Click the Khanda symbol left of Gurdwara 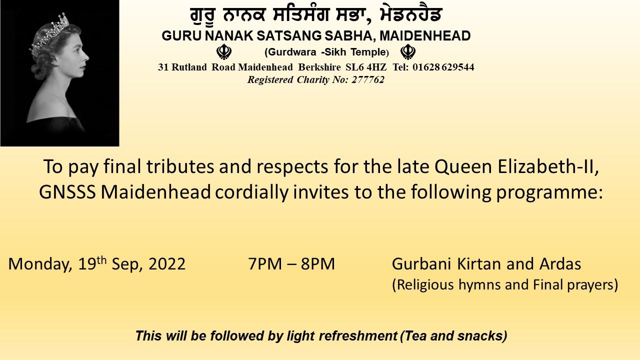(x=224, y=51)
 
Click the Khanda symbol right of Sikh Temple (x=407, y=51)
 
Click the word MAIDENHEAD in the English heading (x=425, y=35)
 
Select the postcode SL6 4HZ (x=366, y=67)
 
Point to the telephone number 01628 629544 (x=443, y=67)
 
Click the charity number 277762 (x=367, y=79)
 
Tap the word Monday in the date (x=40, y=264)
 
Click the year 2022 (x=167, y=263)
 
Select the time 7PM (x=265, y=263)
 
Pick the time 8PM (x=317, y=263)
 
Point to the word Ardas (x=560, y=263)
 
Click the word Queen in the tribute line (x=463, y=167)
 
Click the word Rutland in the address (x=189, y=67)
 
